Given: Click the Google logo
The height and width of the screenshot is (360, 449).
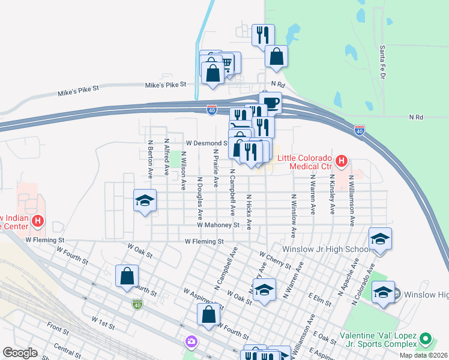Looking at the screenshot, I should (20, 353).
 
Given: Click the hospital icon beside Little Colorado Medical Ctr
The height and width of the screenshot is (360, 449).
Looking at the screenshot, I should (342, 161).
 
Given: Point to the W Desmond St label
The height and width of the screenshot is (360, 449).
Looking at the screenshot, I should (206, 143).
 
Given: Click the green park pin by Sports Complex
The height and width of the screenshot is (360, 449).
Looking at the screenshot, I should (426, 339).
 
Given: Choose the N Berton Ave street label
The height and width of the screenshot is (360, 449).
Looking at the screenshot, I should (151, 160).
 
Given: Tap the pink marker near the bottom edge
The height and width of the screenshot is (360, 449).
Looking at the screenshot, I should (191, 341).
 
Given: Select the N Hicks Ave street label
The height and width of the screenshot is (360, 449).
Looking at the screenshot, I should (249, 212).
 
